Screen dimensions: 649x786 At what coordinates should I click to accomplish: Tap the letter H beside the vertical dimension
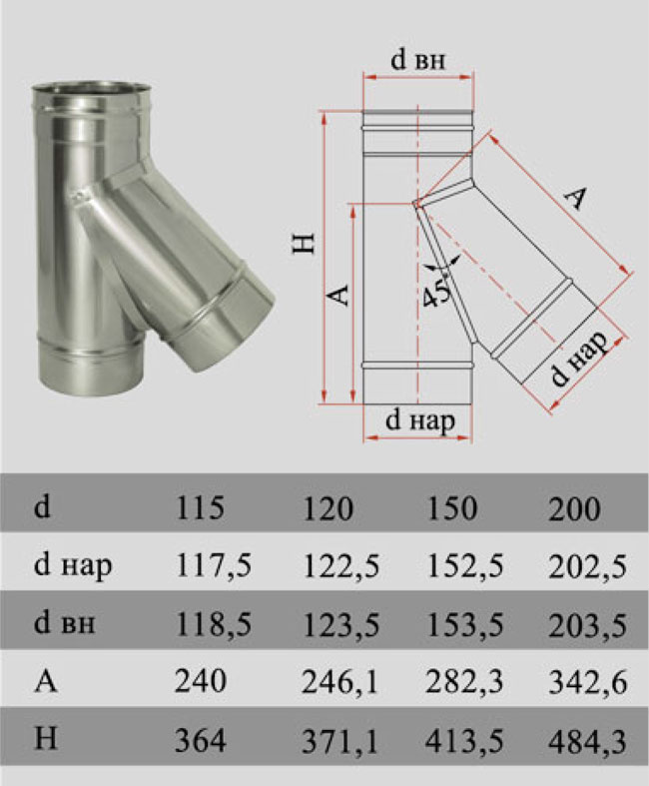(x=304, y=243)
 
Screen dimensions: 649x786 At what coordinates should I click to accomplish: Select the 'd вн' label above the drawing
(x=417, y=61)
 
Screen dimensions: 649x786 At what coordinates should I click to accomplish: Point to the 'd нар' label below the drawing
(x=420, y=420)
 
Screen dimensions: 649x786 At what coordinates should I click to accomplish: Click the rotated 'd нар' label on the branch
(x=579, y=359)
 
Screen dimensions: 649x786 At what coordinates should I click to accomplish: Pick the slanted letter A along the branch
(x=575, y=199)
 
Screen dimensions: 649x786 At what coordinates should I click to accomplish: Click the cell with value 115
(x=200, y=507)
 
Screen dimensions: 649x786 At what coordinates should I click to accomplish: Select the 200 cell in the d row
(x=574, y=509)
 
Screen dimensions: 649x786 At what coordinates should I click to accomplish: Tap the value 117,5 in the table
(x=213, y=566)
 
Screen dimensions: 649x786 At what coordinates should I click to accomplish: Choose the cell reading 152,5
(x=465, y=566)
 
